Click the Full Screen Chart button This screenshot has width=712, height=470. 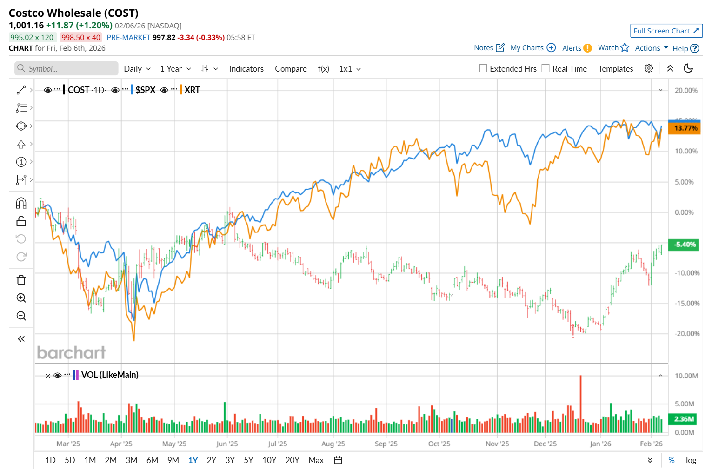click(666, 31)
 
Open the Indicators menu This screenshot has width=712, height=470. click(246, 69)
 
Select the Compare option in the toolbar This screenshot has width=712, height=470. click(291, 69)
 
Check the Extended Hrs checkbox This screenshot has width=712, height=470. click(483, 68)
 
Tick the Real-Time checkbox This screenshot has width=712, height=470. click(546, 68)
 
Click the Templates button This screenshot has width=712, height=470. click(615, 69)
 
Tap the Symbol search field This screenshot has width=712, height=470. click(67, 68)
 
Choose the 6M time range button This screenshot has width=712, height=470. click(152, 460)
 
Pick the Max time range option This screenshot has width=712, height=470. click(316, 460)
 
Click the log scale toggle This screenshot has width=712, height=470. click(691, 460)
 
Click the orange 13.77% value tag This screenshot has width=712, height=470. click(685, 128)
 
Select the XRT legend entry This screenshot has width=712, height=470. click(192, 90)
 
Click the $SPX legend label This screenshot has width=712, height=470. click(145, 90)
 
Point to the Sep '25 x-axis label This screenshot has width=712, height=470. click(386, 444)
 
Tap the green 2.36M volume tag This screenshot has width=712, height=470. click(684, 419)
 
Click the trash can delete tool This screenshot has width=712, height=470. click(21, 280)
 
